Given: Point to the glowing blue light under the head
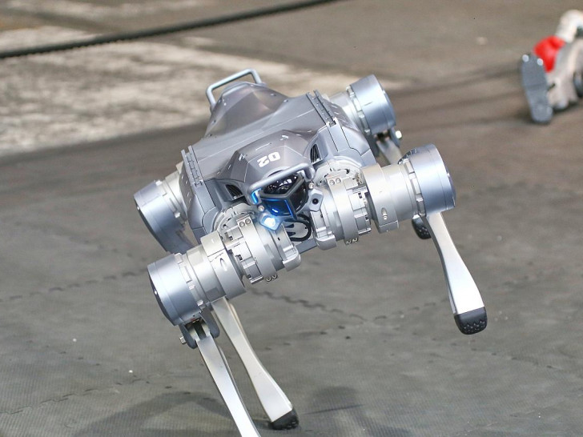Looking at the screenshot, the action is [x=269, y=221].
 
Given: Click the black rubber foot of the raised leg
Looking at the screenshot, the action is [x=471, y=320].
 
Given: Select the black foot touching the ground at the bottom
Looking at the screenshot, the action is [x=285, y=420].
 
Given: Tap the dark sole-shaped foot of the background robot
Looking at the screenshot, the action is [x=536, y=88].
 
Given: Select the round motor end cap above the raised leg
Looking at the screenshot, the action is [x=433, y=178].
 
